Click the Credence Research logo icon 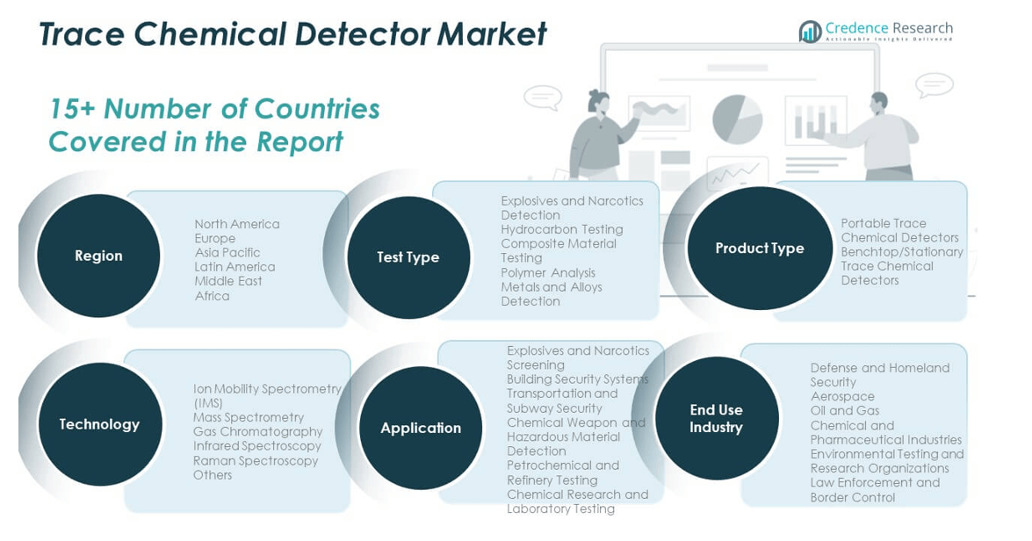point(809,32)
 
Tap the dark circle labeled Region point(98,256)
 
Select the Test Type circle point(408,257)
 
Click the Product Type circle point(760,249)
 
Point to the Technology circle point(99,424)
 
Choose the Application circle point(421,428)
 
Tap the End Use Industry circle point(716,419)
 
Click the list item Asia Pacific point(227,253)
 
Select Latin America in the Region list point(235,267)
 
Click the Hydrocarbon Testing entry point(561,229)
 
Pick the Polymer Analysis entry point(548,272)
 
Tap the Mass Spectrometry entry point(249,417)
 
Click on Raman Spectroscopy point(256,460)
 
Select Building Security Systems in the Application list point(577,379)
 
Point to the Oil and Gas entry point(845,410)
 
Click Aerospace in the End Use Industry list point(842,396)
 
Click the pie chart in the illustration point(737,119)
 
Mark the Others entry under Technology point(213,475)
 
